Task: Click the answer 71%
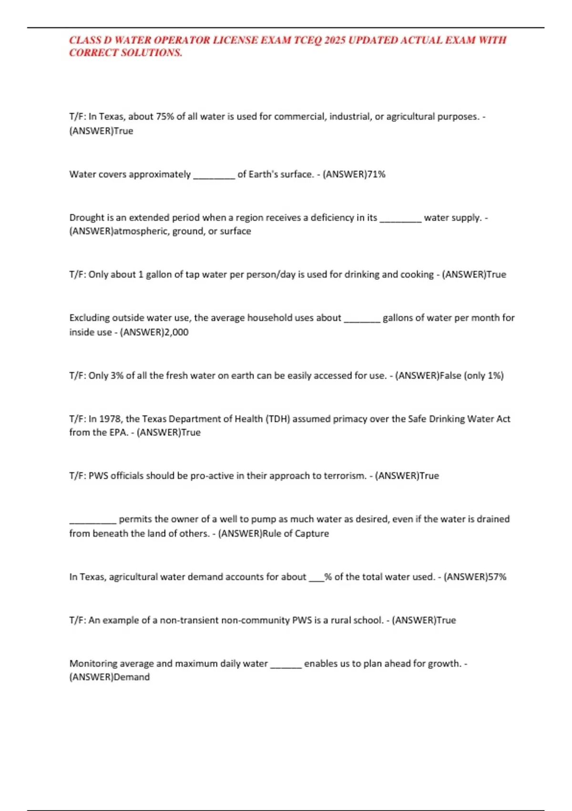click(x=376, y=174)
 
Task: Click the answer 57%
click(x=497, y=577)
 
